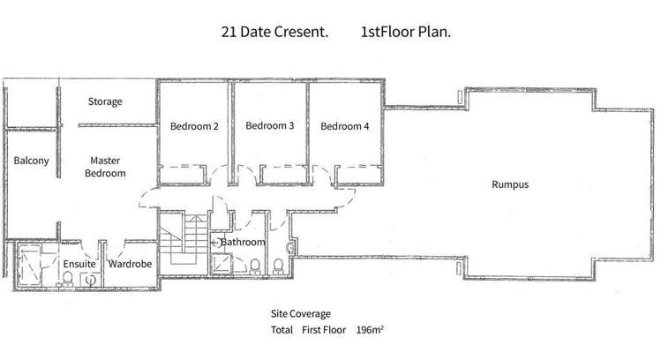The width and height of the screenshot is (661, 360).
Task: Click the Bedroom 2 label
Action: coord(194,126)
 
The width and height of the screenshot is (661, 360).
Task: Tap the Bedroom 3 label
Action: coord(269,126)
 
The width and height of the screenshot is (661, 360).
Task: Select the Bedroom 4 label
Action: coord(344,126)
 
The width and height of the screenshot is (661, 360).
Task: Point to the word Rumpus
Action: coord(509,184)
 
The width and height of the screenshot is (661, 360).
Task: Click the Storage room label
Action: coord(104,101)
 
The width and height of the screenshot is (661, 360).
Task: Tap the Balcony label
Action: coord(31,161)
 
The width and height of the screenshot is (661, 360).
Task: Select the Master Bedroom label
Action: coord(104,167)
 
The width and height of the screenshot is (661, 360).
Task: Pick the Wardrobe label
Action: coord(131,264)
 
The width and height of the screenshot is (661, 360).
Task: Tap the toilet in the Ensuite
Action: coord(67,281)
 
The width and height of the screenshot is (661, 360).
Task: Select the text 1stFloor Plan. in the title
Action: coord(406,33)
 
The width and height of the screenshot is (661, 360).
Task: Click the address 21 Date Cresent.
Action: coord(274,33)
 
